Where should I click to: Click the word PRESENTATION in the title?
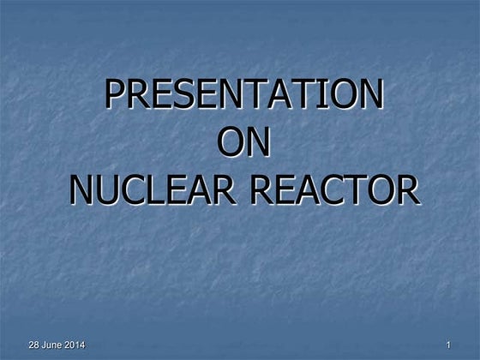(x=243, y=95)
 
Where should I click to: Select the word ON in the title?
(x=244, y=142)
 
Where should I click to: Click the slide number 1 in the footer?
(x=448, y=345)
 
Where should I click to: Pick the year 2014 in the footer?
(x=75, y=345)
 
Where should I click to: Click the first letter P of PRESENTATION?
(x=114, y=95)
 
